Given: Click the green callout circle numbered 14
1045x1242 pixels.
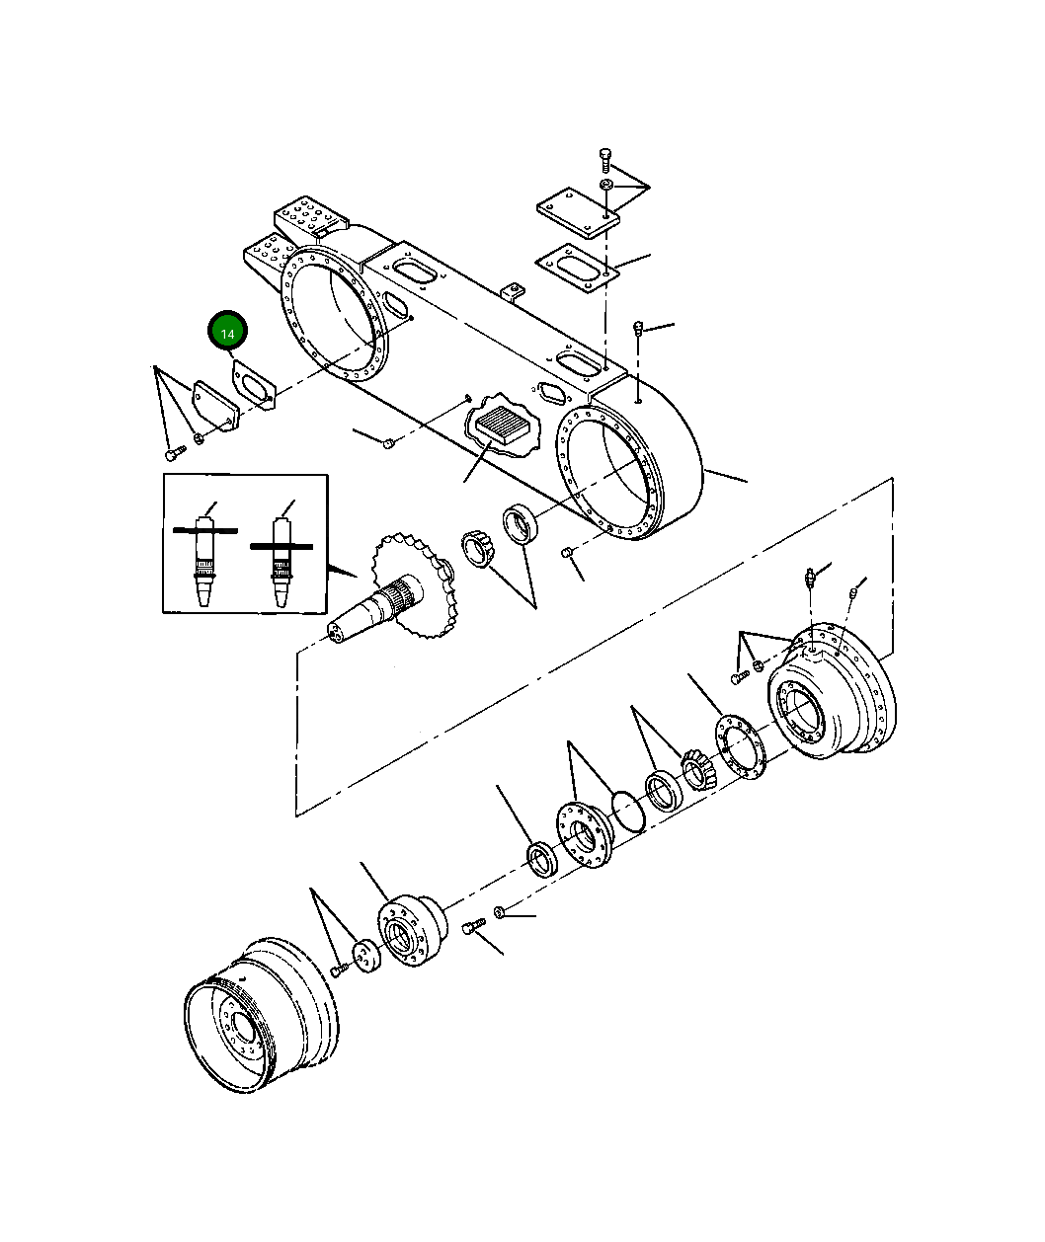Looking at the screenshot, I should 227,333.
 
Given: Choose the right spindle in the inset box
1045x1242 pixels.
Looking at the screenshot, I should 282,559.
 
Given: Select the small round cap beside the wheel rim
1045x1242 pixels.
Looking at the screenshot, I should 367,957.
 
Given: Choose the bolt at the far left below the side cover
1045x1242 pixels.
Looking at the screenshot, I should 174,453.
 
